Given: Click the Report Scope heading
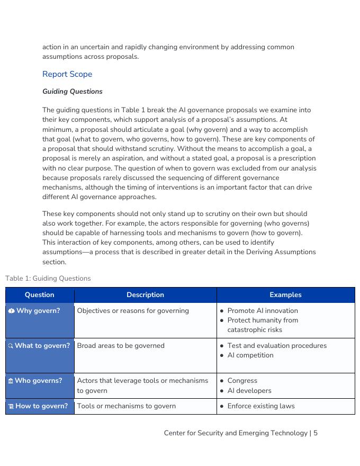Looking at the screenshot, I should coord(67,74).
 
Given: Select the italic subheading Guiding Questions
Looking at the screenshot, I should coord(73,92).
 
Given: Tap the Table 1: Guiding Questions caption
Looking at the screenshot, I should coord(48,279).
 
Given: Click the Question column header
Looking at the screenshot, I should coord(40,295).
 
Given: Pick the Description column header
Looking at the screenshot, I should coord(145,295).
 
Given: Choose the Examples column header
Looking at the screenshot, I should coord(285,295).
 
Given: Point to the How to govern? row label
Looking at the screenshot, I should coord(41,406).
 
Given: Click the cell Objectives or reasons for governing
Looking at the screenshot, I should coord(133,311).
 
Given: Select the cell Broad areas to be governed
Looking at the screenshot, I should coord(121,346).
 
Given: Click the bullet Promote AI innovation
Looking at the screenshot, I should coord(262,311).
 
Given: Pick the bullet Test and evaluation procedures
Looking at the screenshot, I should coord(276,346).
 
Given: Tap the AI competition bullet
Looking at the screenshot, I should coord(250,355).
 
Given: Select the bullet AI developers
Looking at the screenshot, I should coord(249,391).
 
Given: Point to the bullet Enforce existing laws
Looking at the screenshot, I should coord(260,406).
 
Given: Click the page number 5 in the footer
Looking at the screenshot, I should coord(316,433).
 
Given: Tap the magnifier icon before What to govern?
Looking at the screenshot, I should coord(11,346).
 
